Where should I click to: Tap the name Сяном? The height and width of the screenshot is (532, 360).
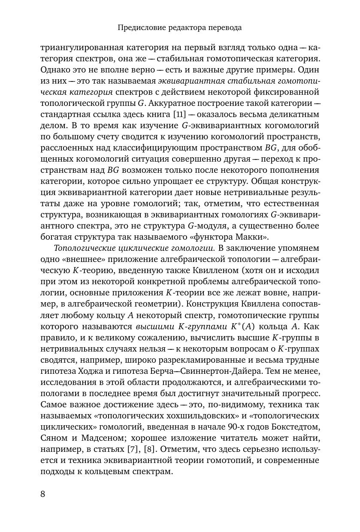(54, 438)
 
